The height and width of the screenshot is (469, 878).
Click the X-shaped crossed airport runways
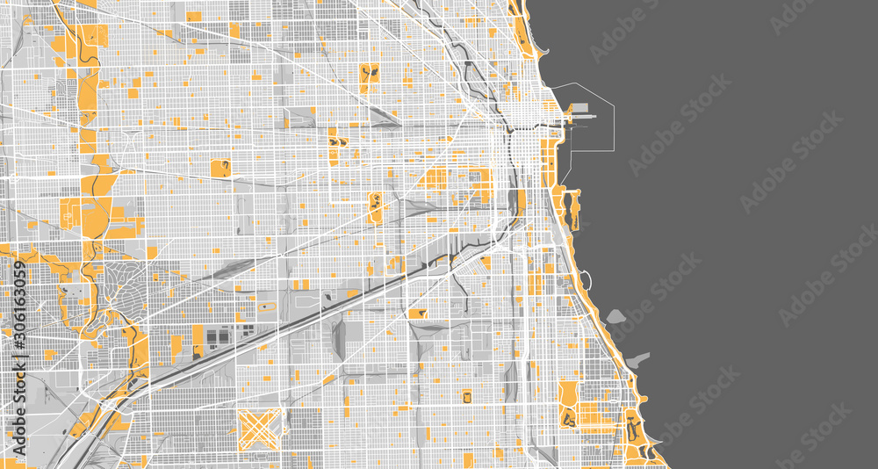(x=261, y=429)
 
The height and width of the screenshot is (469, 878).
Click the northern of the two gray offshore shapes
(x=614, y=316)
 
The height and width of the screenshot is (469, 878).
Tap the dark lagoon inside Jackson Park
(x=633, y=430)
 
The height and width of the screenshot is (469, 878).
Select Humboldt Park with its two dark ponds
(x=370, y=74)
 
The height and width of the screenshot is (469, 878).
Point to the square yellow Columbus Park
(x=220, y=168)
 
